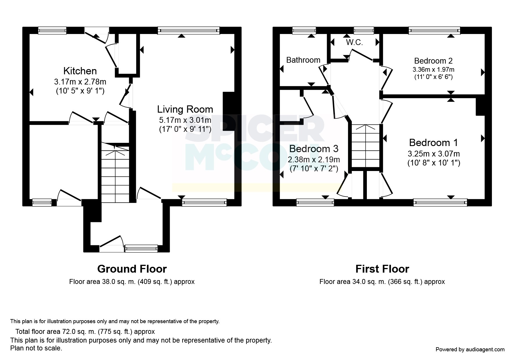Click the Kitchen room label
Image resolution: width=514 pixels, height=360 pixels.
(x=80, y=71)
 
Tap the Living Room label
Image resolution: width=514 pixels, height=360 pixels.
(x=185, y=109)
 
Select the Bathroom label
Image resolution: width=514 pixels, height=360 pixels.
(x=303, y=60)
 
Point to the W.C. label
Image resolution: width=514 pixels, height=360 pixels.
(x=354, y=42)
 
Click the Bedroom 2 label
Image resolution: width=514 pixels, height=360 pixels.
(x=433, y=61)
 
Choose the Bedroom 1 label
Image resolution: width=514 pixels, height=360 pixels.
(x=434, y=143)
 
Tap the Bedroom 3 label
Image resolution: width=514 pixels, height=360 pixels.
(x=314, y=149)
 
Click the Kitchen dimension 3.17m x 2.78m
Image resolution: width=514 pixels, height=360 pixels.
(x=80, y=82)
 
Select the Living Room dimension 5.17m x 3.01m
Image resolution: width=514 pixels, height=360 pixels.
(x=185, y=120)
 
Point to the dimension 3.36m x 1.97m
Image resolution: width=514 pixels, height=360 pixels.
(x=433, y=70)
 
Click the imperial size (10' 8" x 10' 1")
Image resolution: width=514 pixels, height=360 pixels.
(x=434, y=163)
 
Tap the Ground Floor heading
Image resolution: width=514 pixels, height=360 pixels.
(x=132, y=269)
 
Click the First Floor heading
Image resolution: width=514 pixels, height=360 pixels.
(x=382, y=269)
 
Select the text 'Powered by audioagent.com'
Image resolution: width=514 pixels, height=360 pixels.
(x=470, y=350)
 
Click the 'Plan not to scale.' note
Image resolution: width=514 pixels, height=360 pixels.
(x=36, y=348)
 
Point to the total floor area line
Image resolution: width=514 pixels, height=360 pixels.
(x=85, y=332)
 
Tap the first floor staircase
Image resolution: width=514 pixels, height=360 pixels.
(x=365, y=146)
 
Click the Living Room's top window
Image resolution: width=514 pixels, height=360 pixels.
(x=189, y=30)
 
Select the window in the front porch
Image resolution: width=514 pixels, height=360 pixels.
(x=141, y=249)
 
